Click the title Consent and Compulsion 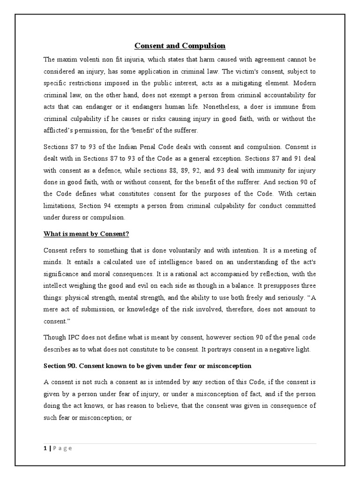click(x=180, y=45)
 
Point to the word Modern click(x=303, y=83)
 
